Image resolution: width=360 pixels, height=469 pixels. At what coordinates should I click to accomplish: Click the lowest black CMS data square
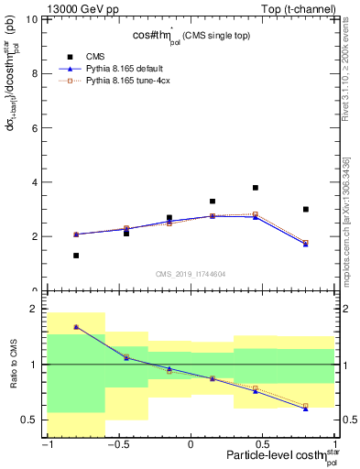[76, 256]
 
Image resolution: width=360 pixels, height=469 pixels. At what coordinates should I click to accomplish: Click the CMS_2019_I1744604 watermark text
[191, 274]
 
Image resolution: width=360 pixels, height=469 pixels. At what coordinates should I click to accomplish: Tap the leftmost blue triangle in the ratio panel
[76, 327]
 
